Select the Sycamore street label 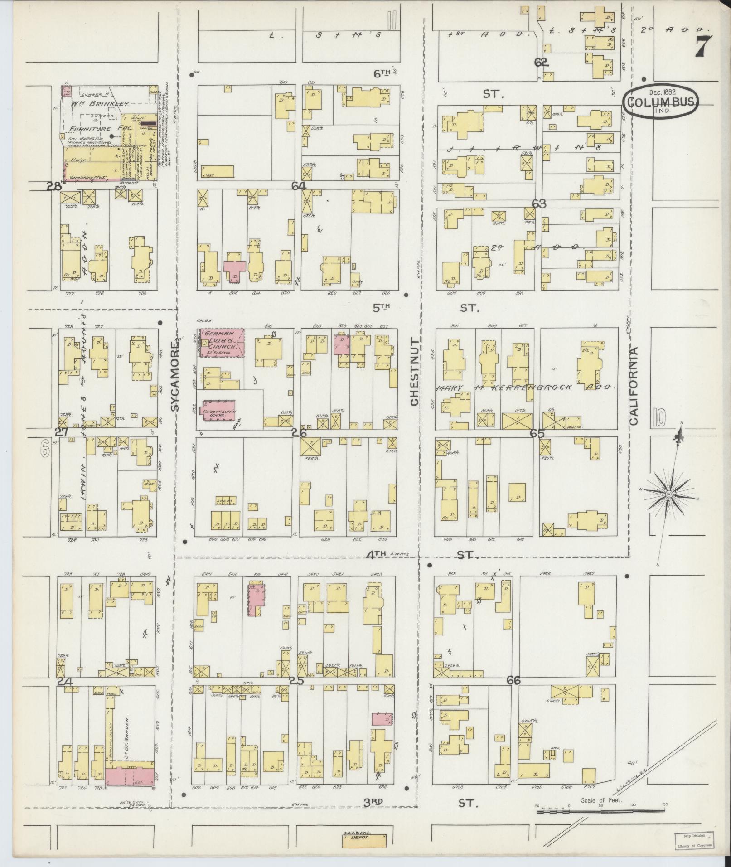[176, 376]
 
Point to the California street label [633, 386]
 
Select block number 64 [299, 186]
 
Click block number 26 [299, 433]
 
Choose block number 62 [541, 63]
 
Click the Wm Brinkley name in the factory [100, 104]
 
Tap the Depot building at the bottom [364, 849]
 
